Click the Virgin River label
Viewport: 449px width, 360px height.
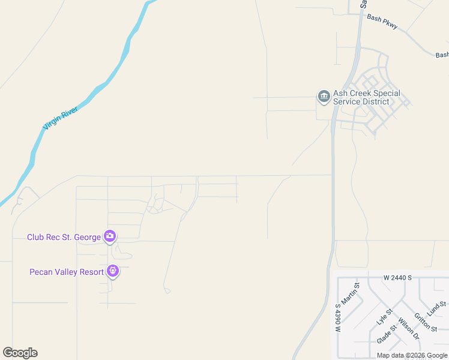(61, 117)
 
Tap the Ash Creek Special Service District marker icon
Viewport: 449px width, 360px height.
(324, 97)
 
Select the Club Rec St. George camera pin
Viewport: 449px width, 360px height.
(110, 236)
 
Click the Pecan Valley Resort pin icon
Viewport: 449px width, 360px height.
(113, 271)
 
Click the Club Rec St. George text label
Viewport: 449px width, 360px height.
(64, 237)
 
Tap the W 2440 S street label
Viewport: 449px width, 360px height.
(398, 278)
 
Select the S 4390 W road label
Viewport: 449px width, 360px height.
(337, 319)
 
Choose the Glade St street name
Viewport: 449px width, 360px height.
(388, 334)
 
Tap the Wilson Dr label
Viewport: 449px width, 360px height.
(408, 329)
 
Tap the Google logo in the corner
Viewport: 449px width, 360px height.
(20, 353)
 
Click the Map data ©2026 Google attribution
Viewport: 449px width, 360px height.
(412, 355)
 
